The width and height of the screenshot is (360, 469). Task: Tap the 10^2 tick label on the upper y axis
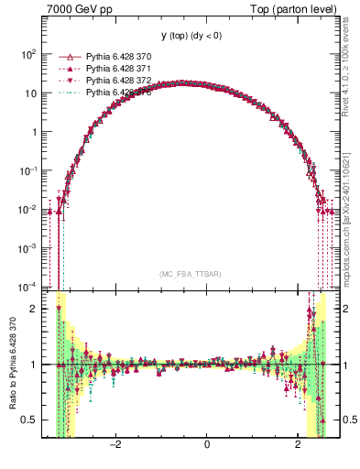click(27, 54)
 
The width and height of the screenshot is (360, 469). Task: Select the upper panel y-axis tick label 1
click(33, 132)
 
